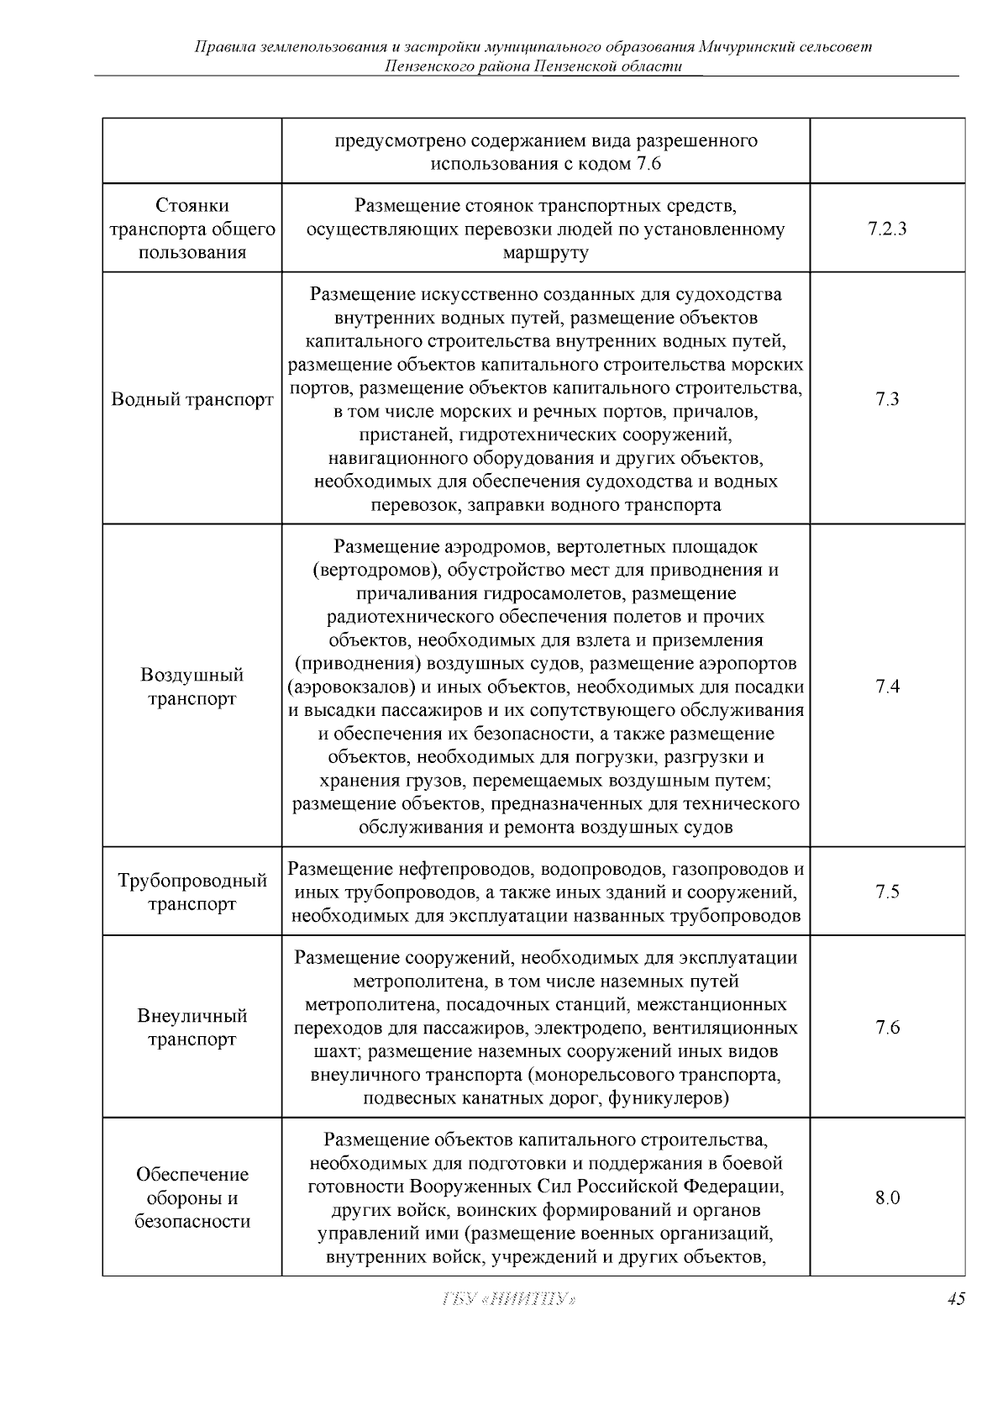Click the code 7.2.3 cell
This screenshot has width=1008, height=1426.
click(887, 229)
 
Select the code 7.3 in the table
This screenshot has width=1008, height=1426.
click(887, 399)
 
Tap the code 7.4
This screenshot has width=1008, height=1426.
click(887, 687)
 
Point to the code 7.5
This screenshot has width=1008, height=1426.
click(887, 892)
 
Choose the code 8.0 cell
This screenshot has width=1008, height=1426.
click(887, 1198)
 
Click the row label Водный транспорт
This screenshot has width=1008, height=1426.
click(192, 399)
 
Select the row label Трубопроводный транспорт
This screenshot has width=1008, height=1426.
click(192, 892)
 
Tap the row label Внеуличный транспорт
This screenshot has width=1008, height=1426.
click(192, 1028)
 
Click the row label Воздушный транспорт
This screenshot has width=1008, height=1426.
click(192, 687)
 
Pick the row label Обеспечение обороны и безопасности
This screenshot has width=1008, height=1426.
click(192, 1197)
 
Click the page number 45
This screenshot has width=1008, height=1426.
click(955, 1323)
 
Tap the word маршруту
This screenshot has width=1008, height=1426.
click(546, 253)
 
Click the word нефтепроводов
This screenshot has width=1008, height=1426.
click(465, 869)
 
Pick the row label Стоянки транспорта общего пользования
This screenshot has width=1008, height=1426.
click(192, 229)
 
